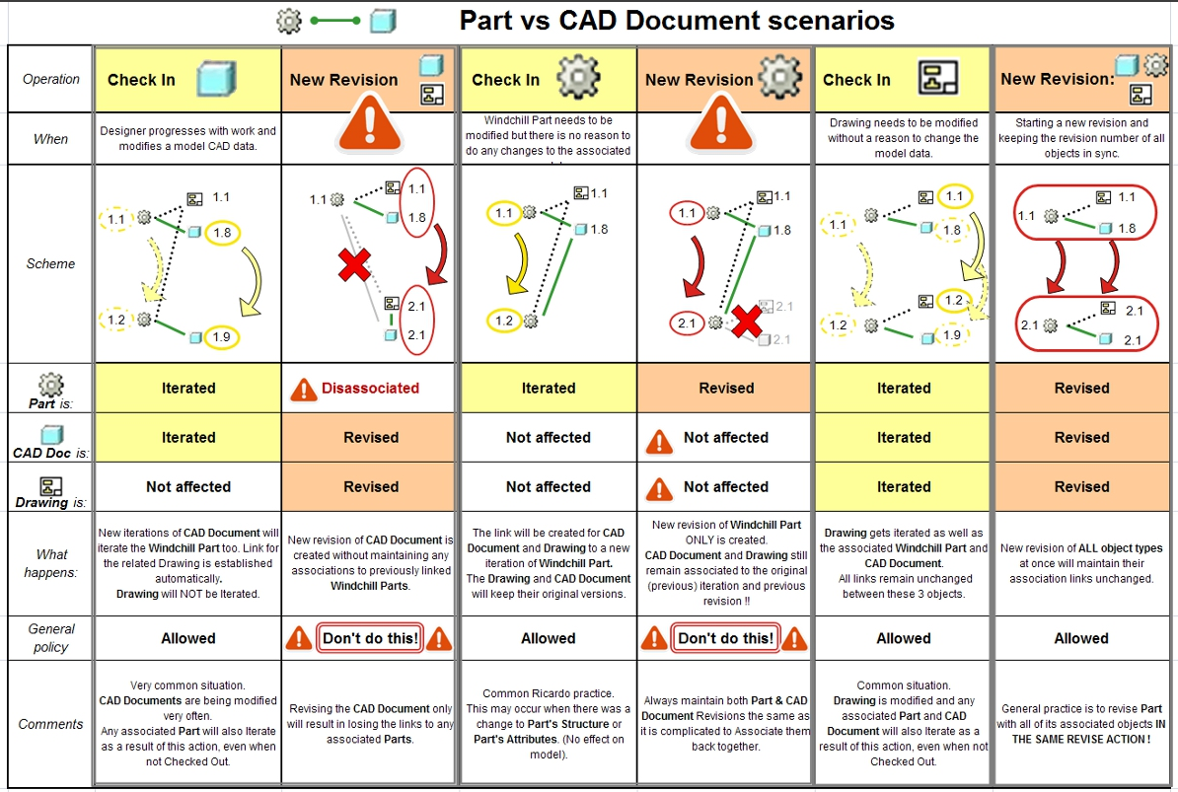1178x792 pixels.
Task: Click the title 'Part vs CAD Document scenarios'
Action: [x=677, y=20]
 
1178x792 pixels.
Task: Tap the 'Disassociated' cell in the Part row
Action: [x=370, y=389]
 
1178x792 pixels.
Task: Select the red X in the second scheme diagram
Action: [x=354, y=265]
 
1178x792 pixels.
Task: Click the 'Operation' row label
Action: [x=51, y=79]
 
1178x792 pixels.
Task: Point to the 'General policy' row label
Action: [x=51, y=638]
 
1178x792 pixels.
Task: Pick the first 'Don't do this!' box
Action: [x=370, y=638]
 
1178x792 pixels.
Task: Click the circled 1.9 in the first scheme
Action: [x=221, y=336]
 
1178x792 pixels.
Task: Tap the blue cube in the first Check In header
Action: [x=217, y=79]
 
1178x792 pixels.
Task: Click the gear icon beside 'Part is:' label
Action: [x=50, y=384]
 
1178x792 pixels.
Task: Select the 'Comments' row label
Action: [x=51, y=724]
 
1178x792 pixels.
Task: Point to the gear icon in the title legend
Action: [x=288, y=21]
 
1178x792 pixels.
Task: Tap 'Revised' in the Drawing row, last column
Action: [x=1081, y=487]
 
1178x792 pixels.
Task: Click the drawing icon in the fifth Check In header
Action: [x=938, y=78]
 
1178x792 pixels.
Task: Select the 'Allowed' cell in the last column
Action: [x=1081, y=638]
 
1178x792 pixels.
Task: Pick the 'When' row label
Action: [x=51, y=139]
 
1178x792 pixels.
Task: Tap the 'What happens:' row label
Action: [x=51, y=563]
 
